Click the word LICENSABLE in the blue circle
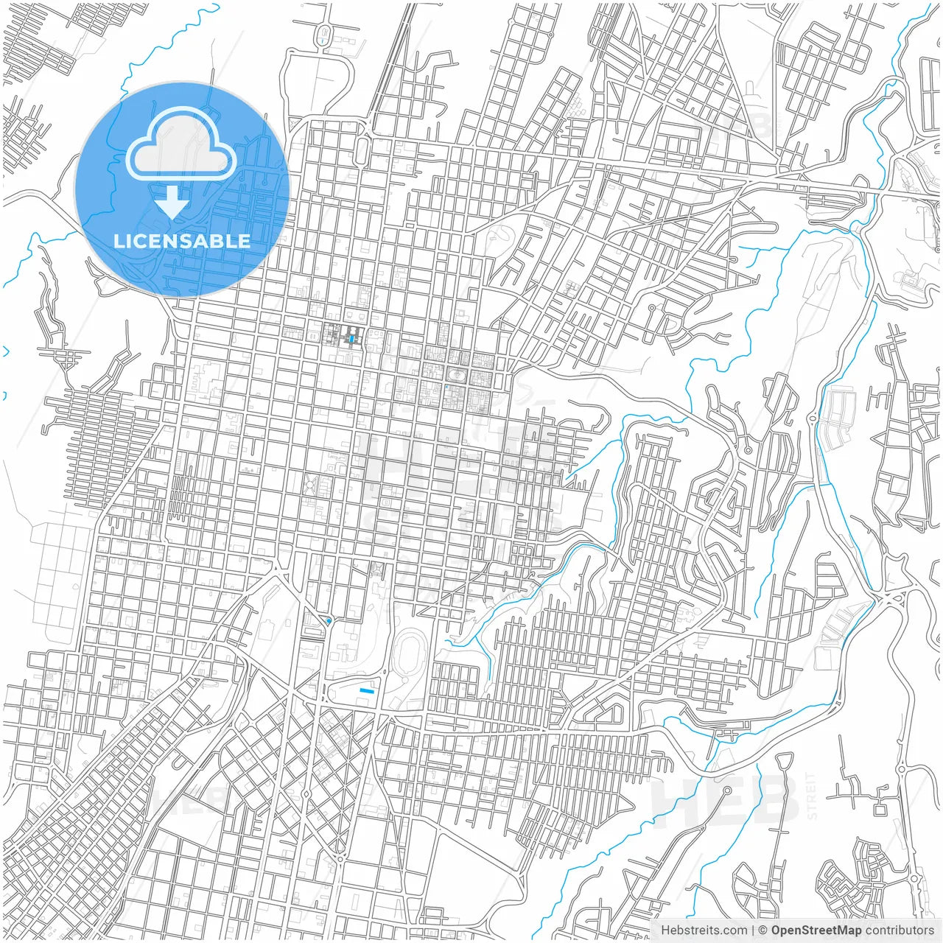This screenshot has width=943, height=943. coord(182,241)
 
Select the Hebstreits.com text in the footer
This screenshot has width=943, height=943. coord(704,930)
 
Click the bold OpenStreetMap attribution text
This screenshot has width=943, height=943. coord(816,930)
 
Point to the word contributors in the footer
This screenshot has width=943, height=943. coord(900,930)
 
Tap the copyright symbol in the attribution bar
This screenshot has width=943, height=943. coord(763,930)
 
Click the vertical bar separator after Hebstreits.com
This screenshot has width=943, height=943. coord(753,930)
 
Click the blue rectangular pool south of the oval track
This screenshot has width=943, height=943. coord(366,690)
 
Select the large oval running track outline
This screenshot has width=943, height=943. coord(406,655)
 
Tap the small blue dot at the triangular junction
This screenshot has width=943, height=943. coord(328,622)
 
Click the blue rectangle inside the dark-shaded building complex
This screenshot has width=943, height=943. coord(351,339)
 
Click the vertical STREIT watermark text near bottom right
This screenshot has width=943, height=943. coord(812,796)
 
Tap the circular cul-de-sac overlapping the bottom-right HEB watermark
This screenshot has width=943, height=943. coord(725,790)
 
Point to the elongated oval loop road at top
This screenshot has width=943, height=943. coord(323,33)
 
